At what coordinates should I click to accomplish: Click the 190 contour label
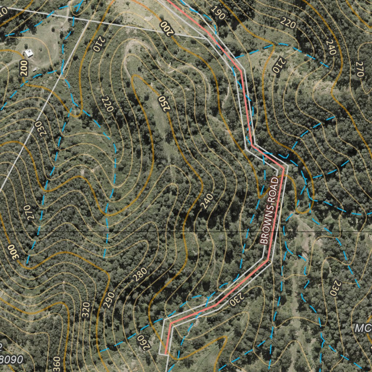(x=218, y=13)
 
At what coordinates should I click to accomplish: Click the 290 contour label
(x=109, y=300)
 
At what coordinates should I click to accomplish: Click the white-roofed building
(x=29, y=53)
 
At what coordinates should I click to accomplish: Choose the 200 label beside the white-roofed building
(x=24, y=68)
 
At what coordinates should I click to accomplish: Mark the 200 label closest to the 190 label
(x=166, y=28)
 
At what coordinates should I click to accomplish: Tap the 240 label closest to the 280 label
(x=206, y=201)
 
